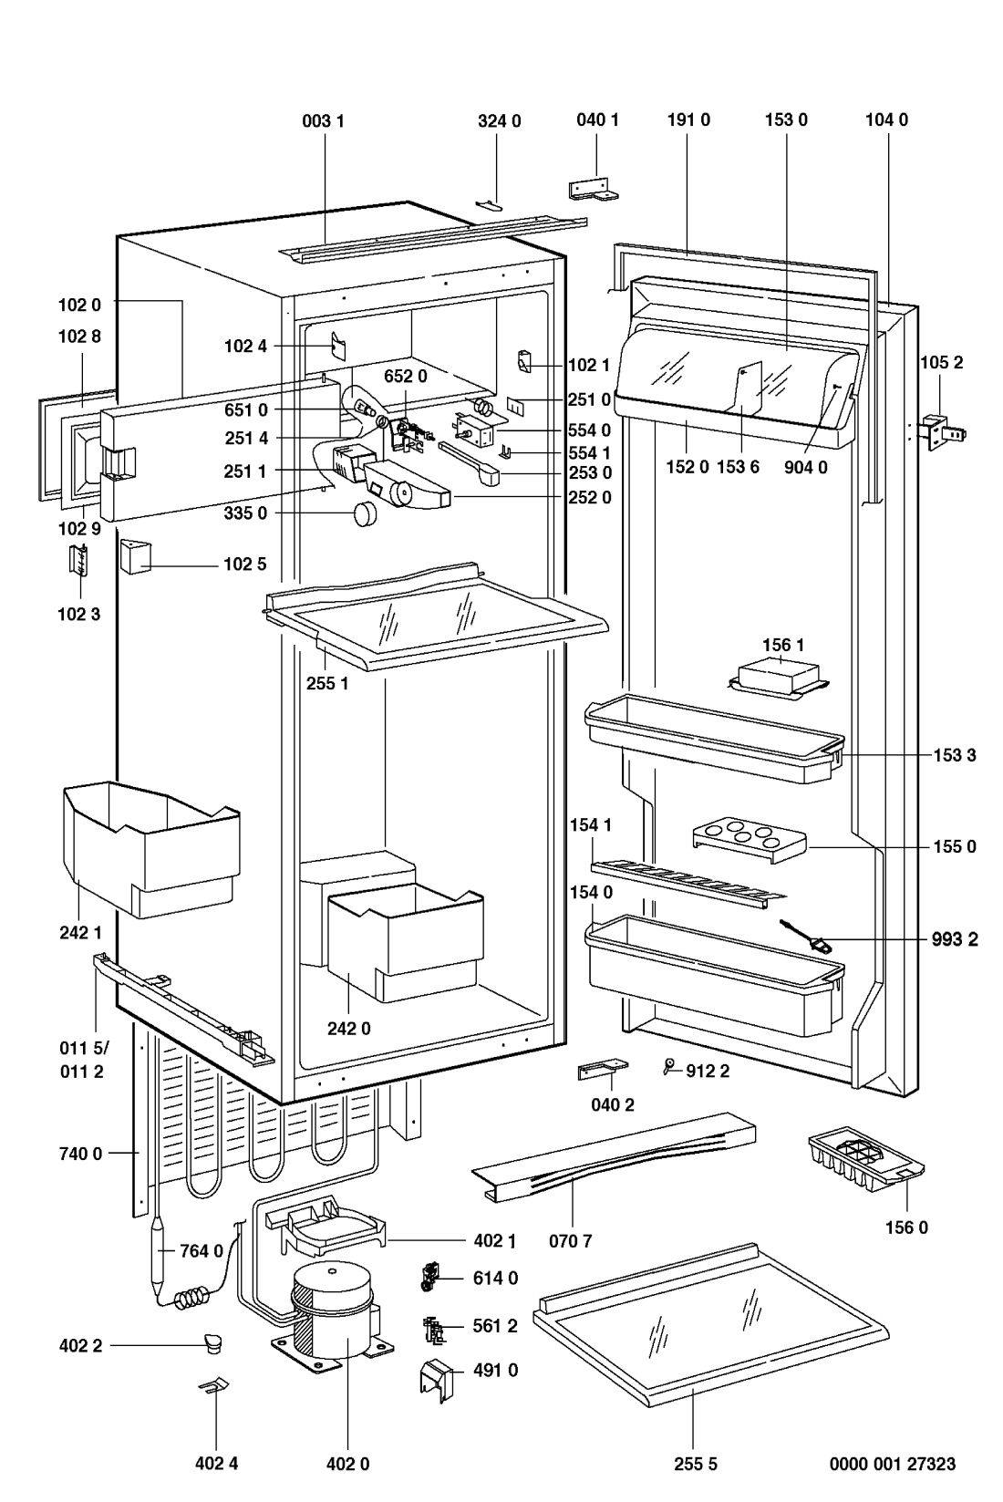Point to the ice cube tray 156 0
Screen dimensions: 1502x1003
865,1162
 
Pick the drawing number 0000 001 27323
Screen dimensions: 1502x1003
892,1464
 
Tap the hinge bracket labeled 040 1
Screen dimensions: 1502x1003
592,188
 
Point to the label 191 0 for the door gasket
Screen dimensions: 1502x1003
688,119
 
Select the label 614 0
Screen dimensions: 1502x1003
495,1279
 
